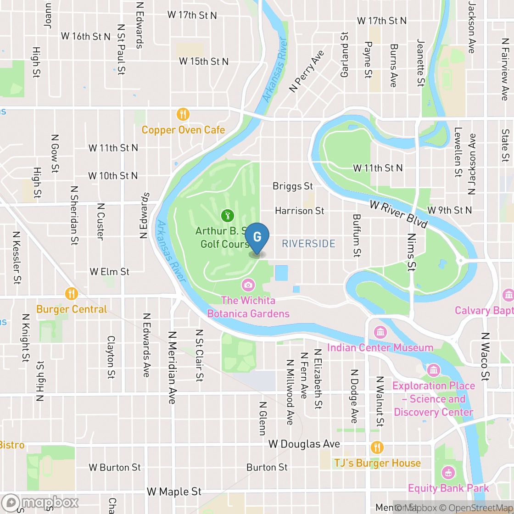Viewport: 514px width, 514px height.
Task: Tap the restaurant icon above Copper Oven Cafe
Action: tap(183, 114)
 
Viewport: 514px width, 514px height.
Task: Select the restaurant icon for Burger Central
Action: tap(71, 293)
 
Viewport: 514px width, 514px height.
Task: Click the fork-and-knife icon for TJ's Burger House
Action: tap(377, 447)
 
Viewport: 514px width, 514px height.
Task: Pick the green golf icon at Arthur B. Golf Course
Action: tap(227, 215)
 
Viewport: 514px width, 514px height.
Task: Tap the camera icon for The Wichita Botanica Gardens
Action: tap(248, 285)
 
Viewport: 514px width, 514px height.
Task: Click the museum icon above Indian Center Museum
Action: tap(380, 332)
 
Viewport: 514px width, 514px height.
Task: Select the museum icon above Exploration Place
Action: tap(433, 370)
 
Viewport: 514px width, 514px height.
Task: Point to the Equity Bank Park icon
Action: tap(448, 472)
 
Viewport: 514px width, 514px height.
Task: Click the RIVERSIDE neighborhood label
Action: tap(308, 244)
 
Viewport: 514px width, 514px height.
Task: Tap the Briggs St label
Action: tap(293, 186)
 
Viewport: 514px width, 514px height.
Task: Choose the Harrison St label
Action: tap(299, 211)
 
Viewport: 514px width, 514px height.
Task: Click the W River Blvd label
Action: tap(398, 214)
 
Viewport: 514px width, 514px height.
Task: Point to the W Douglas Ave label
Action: tap(304, 444)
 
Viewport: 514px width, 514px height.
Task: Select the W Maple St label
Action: tap(174, 492)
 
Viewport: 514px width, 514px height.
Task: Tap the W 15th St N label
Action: tap(203, 61)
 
